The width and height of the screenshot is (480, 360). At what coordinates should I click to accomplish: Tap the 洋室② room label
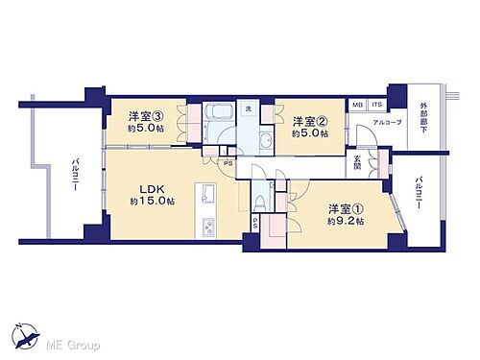point(309,120)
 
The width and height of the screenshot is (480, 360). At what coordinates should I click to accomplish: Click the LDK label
point(153,187)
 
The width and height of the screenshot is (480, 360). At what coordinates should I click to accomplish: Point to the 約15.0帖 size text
point(154,201)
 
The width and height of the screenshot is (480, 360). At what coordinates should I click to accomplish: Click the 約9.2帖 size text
point(345,221)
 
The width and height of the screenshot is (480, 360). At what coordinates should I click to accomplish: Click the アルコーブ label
point(389,122)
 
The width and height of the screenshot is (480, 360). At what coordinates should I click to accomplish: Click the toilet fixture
point(259,203)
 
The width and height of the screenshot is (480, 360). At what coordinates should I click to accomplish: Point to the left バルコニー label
point(74,179)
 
